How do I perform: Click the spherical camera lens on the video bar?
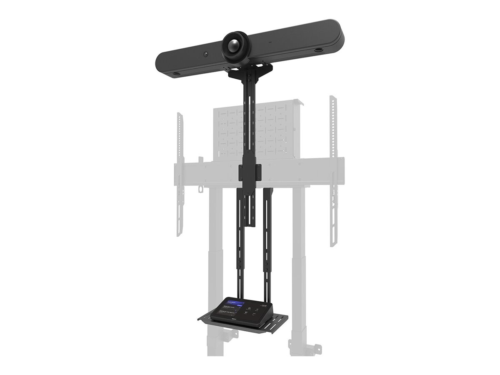pos(236,46)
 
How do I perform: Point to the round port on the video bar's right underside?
pos(318,50)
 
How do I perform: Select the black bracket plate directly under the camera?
pos(250,71)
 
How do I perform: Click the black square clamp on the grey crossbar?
pos(250,172)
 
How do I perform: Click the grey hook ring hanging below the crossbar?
pos(200,189)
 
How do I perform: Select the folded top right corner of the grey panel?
pos(298,102)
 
